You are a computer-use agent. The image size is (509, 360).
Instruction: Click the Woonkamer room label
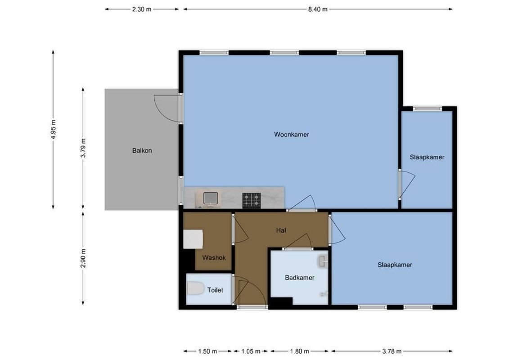[291, 134]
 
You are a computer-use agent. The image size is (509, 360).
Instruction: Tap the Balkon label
[142, 150]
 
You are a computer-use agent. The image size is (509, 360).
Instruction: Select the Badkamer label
[299, 277]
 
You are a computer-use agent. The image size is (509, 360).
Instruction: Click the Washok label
[214, 257]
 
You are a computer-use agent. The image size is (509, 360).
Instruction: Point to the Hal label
[281, 230]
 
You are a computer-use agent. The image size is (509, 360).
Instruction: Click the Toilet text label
[215, 290]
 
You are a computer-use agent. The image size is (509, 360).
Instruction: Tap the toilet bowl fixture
[195, 288]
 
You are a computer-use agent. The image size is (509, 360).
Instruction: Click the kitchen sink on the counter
[210, 198]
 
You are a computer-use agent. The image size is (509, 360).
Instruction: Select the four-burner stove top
[252, 200]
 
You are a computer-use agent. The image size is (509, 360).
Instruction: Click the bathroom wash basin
[322, 261]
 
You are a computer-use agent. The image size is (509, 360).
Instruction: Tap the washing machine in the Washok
[193, 239]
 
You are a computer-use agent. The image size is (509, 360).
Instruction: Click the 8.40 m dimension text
[317, 9]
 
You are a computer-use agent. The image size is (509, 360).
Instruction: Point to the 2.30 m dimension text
[141, 9]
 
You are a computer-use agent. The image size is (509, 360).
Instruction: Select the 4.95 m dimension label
[54, 130]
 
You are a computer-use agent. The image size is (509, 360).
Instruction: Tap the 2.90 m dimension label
[83, 258]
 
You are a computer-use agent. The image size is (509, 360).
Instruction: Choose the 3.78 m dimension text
[392, 351]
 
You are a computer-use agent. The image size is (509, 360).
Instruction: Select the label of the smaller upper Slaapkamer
[427, 157]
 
